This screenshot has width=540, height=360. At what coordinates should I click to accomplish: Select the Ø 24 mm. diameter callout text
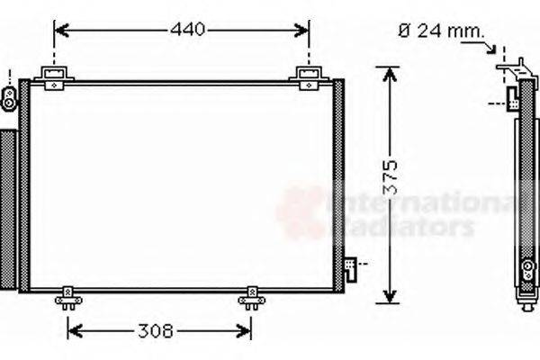(440, 31)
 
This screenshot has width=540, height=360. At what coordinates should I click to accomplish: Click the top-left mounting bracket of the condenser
(56, 76)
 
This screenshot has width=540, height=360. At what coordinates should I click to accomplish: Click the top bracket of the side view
(514, 68)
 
